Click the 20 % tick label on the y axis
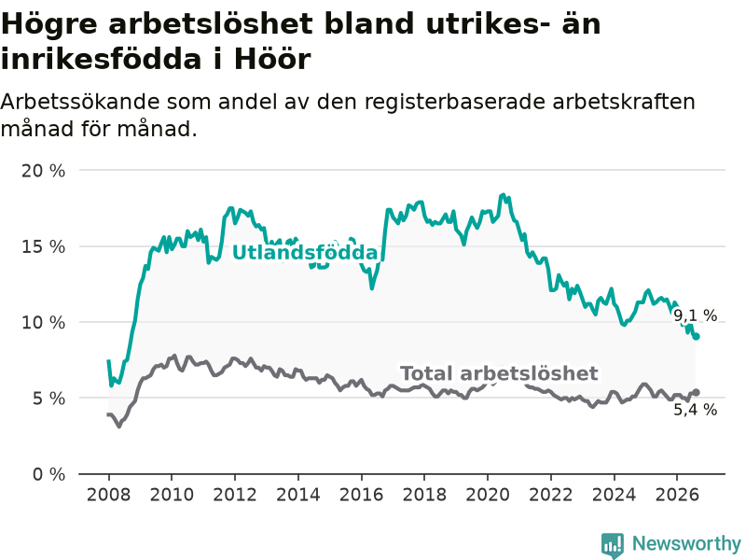[x=43, y=171]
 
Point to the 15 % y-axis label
[x=43, y=246]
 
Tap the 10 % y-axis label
[x=43, y=322]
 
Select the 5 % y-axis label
[x=49, y=399]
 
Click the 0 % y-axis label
[x=49, y=474]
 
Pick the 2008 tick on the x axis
[x=108, y=495]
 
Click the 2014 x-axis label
[x=298, y=495]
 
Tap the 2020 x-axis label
[x=488, y=495]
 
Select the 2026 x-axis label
[x=677, y=495]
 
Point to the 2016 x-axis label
[x=361, y=495]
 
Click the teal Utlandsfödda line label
[x=305, y=253]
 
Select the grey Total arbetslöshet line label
[x=499, y=373]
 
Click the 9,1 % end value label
[x=695, y=315]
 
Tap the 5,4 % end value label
[x=695, y=410]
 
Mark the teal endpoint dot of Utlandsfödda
[x=696, y=337]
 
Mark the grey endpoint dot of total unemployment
[x=696, y=392]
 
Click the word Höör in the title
[x=272, y=60]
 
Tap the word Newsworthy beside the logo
[x=686, y=543]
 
